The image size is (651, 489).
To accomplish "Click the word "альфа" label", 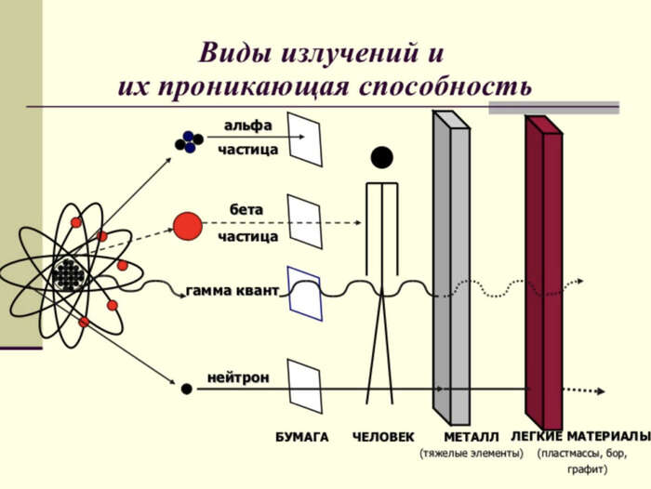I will tap(247, 125).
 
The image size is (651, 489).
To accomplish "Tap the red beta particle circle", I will tap(187, 226).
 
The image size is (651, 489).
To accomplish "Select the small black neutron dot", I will tap(186, 389).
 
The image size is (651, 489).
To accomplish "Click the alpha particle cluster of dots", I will tap(189, 141).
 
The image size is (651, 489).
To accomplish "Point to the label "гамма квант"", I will tap(232, 291).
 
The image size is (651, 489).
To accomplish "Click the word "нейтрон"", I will tap(238, 377).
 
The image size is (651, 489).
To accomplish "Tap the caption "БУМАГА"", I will tap(302, 437).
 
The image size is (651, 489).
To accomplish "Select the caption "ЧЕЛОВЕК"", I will tap(383, 437).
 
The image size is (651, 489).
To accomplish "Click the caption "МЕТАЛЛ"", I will tap(472, 437).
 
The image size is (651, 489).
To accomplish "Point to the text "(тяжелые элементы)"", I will tap(472, 454).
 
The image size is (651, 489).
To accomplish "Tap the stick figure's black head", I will tap(382, 157).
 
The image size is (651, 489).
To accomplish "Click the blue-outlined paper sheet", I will tap(304, 293).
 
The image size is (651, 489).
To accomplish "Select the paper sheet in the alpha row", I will tap(305, 139).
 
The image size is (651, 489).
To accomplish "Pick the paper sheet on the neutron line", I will tap(304, 385).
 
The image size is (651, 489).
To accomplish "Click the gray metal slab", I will tap(452, 270).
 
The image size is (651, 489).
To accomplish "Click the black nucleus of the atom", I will tap(67, 274).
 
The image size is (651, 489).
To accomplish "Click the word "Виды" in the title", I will tap(232, 53).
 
